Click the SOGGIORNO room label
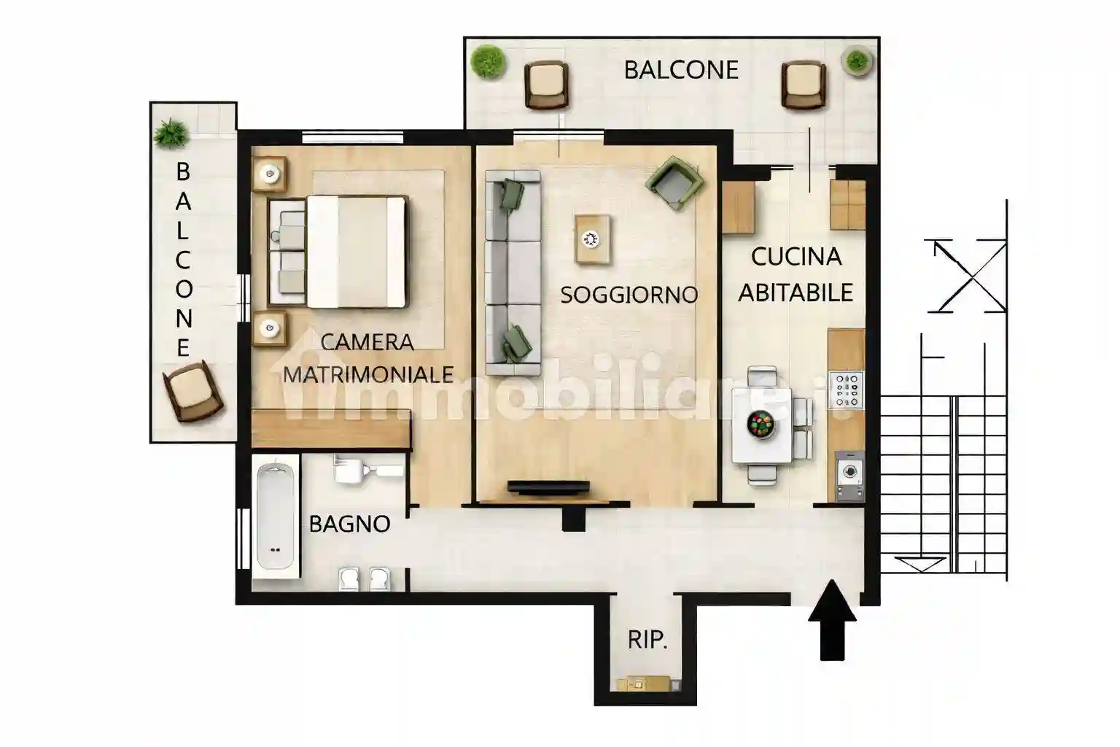(x=629, y=295)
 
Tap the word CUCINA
(x=796, y=258)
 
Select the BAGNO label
(x=349, y=524)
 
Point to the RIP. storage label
(x=647, y=640)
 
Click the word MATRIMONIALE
(x=368, y=374)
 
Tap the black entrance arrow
(x=832, y=620)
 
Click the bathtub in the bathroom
(x=275, y=516)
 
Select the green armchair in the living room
(x=674, y=182)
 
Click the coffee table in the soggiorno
(x=592, y=239)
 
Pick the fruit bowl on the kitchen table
(x=761, y=425)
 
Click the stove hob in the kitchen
(x=847, y=390)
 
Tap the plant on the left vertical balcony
(x=171, y=133)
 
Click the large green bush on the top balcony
(x=488, y=62)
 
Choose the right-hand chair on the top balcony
(x=804, y=85)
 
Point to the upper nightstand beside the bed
(x=270, y=174)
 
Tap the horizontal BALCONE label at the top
(x=682, y=70)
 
